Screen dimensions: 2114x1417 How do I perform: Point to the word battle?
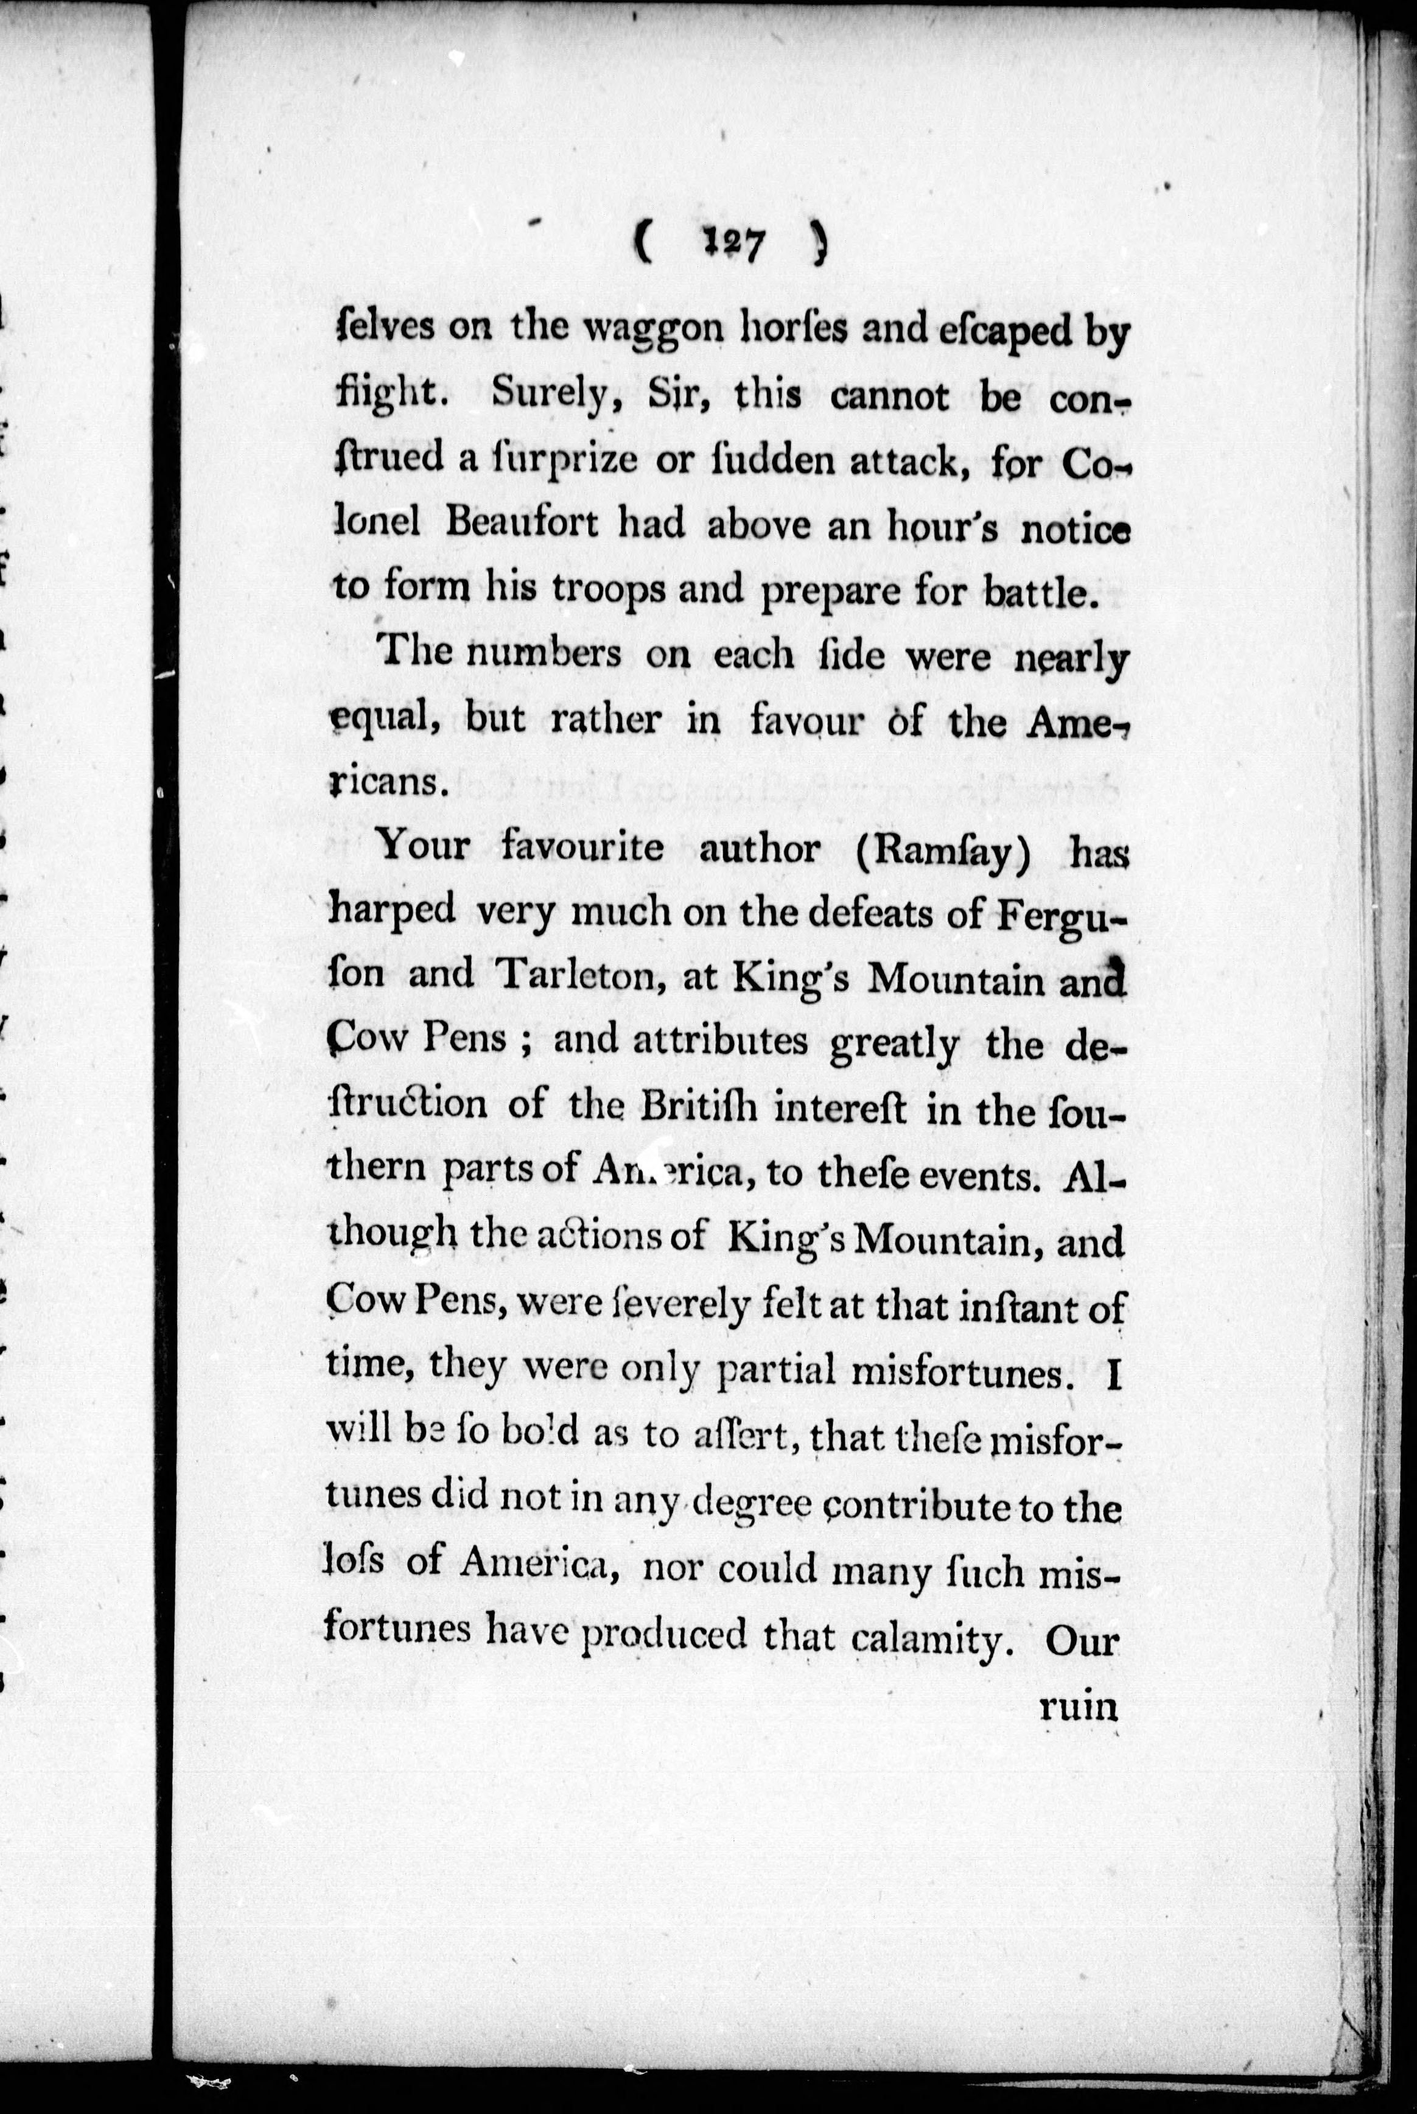1043,592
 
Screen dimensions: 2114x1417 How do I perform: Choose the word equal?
383,720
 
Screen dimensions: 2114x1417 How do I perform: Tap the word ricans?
387,781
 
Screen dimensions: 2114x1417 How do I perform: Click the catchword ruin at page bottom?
1079,1704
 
